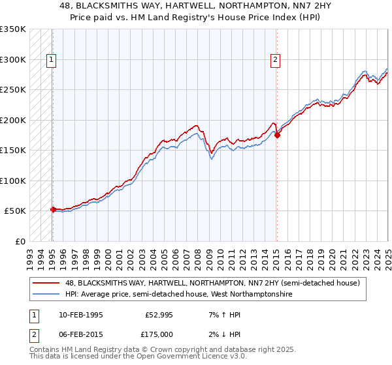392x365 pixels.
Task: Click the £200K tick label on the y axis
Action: click(13, 120)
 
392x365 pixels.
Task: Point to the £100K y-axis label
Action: click(13, 181)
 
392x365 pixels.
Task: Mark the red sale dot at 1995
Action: click(53, 209)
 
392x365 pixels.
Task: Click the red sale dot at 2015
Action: click(276, 135)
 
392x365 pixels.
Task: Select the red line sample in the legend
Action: click(47, 283)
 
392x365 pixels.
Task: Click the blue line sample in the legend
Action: click(47, 295)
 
